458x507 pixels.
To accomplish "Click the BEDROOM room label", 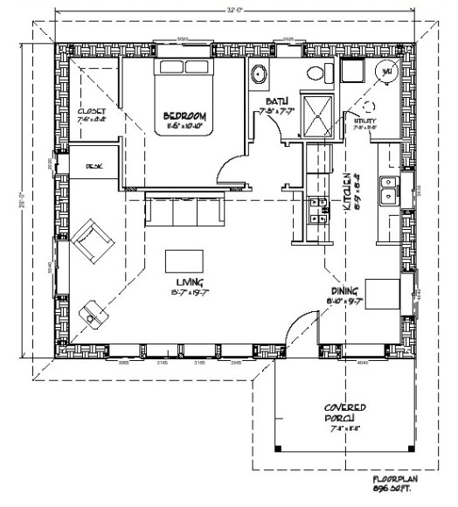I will (x=184, y=115).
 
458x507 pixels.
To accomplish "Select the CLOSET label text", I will (x=92, y=113).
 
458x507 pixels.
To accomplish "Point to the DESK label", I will (x=92, y=164).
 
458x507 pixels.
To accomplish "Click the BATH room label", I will (x=278, y=103).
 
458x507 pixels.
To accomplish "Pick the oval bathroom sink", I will (x=260, y=74).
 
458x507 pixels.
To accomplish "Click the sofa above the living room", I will (x=184, y=211).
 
